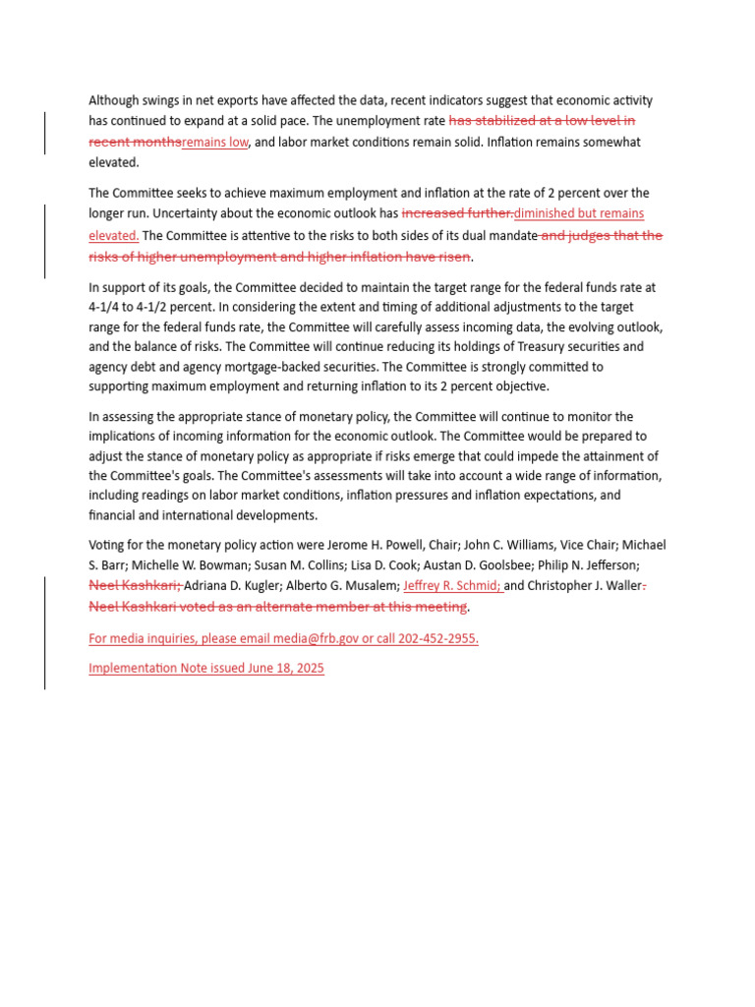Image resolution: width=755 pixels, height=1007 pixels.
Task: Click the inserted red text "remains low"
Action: pyautogui.click(x=214, y=143)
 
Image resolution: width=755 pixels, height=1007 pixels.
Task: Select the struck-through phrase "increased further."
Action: pyautogui.click(x=457, y=214)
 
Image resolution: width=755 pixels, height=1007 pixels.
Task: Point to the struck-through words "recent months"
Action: pyautogui.click(x=135, y=143)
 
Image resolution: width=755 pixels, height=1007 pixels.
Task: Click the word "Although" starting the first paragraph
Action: pyautogui.click(x=115, y=100)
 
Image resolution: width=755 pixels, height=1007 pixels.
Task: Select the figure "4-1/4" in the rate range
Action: pyautogui.click(x=103, y=307)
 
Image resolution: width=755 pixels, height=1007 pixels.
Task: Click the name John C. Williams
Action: pyautogui.click(x=471, y=545)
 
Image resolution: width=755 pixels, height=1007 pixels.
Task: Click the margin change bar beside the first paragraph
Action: pyautogui.click(x=44, y=133)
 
